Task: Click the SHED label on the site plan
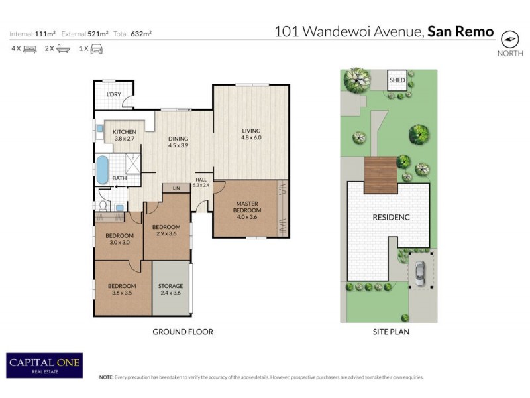(397, 80)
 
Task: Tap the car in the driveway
(419, 273)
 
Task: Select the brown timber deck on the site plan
(379, 171)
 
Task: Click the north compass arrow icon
(509, 38)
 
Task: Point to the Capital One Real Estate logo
(44, 365)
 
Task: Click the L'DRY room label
(115, 95)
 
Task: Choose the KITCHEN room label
(124, 131)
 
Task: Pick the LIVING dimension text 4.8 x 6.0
(251, 137)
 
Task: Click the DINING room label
(178, 139)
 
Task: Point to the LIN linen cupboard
(176, 188)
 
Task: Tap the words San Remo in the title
(460, 31)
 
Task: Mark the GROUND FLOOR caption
(183, 332)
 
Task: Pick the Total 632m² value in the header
(140, 33)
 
